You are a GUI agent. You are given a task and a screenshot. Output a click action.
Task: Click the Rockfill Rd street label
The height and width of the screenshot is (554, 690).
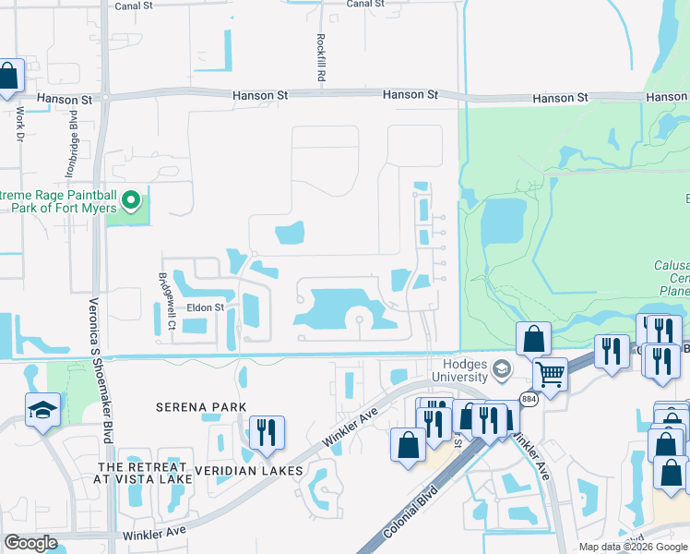(321, 57)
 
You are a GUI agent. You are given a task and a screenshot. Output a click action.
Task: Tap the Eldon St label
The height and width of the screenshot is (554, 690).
(206, 307)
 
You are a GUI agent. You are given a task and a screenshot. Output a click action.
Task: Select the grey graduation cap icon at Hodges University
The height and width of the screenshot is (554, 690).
(502, 370)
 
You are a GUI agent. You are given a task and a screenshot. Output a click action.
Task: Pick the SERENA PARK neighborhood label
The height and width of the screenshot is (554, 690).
(200, 407)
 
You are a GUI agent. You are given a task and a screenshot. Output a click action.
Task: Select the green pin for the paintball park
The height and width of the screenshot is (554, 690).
(131, 199)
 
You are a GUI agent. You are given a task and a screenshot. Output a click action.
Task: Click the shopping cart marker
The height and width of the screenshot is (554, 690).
(550, 374)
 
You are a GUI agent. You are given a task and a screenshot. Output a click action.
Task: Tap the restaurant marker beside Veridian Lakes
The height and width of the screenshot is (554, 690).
(267, 431)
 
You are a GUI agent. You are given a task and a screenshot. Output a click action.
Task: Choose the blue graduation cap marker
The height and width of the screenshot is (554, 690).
(43, 409)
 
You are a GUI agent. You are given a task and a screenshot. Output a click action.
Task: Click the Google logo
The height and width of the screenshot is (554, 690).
(30, 543)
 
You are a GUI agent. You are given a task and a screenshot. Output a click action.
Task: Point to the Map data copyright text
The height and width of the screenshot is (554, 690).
(633, 547)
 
